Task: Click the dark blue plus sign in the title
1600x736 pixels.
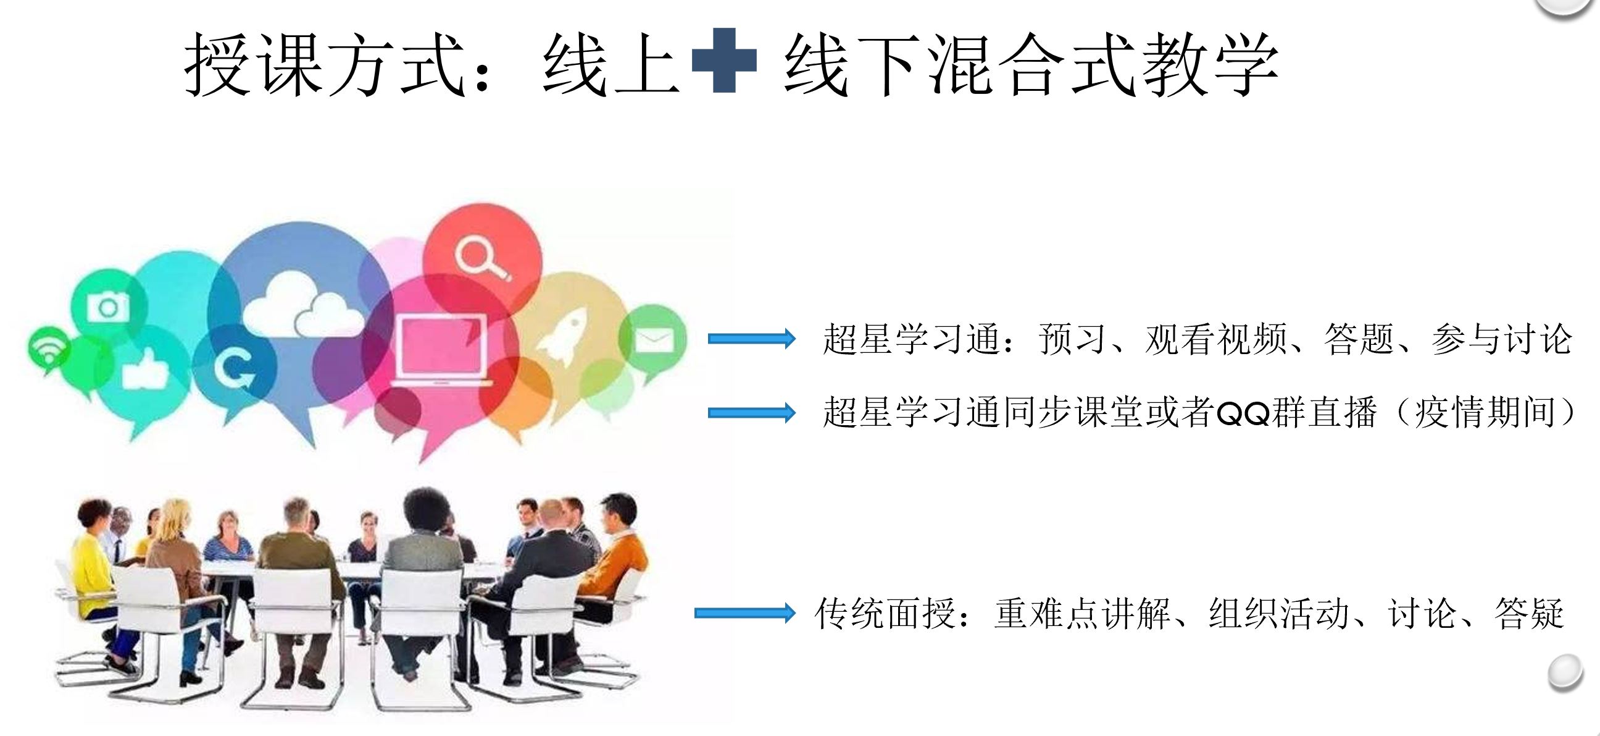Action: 723,61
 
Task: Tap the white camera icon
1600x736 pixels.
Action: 108,307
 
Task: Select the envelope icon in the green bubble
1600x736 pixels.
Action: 654,339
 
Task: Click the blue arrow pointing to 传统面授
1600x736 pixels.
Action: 744,613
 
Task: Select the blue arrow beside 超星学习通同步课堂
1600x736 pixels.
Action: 752,412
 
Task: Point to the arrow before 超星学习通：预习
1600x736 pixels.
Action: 752,339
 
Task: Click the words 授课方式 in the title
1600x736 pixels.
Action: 324,64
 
